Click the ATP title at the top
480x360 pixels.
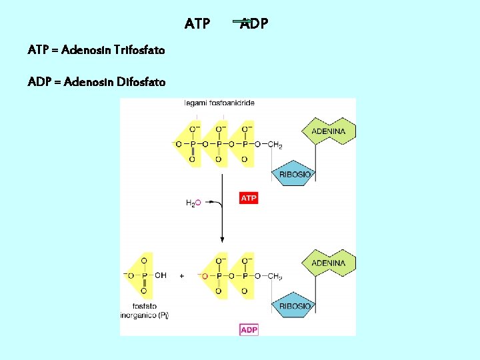(197, 25)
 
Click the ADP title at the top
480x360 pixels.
(254, 25)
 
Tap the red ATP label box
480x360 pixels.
(249, 198)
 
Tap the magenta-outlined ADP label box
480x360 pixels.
(249, 329)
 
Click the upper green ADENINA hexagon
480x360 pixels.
(329, 131)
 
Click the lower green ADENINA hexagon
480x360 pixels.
(329, 263)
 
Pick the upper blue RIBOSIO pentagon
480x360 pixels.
(294, 174)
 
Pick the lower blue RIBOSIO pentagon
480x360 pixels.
(294, 306)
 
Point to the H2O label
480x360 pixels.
(193, 203)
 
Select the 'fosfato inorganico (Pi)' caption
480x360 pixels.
(145, 311)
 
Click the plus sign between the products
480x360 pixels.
(181, 275)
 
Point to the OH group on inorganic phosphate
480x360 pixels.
(161, 275)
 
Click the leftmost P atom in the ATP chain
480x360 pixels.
(192, 144)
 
